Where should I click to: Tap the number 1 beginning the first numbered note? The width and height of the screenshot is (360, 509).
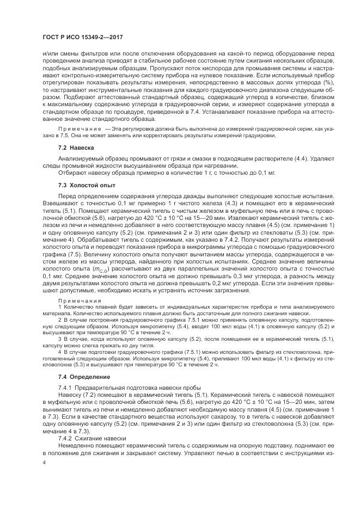point(59,306)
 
